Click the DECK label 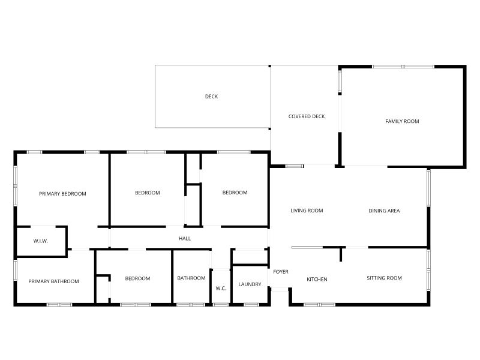point(211,97)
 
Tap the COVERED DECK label point(307,116)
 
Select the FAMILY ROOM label point(402,121)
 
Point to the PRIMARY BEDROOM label point(62,194)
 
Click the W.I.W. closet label point(41,241)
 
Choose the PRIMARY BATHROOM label point(53,281)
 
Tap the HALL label point(185,239)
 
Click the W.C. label point(221,289)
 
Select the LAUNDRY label point(250,284)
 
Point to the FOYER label point(281,272)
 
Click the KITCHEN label point(317,279)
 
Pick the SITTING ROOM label point(384,278)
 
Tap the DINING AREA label point(384,211)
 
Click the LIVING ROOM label point(307,211)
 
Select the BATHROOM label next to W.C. point(191,278)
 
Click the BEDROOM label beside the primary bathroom point(137,278)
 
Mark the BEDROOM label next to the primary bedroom point(147,193)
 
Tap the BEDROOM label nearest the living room point(235,193)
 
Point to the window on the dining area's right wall point(428,188)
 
